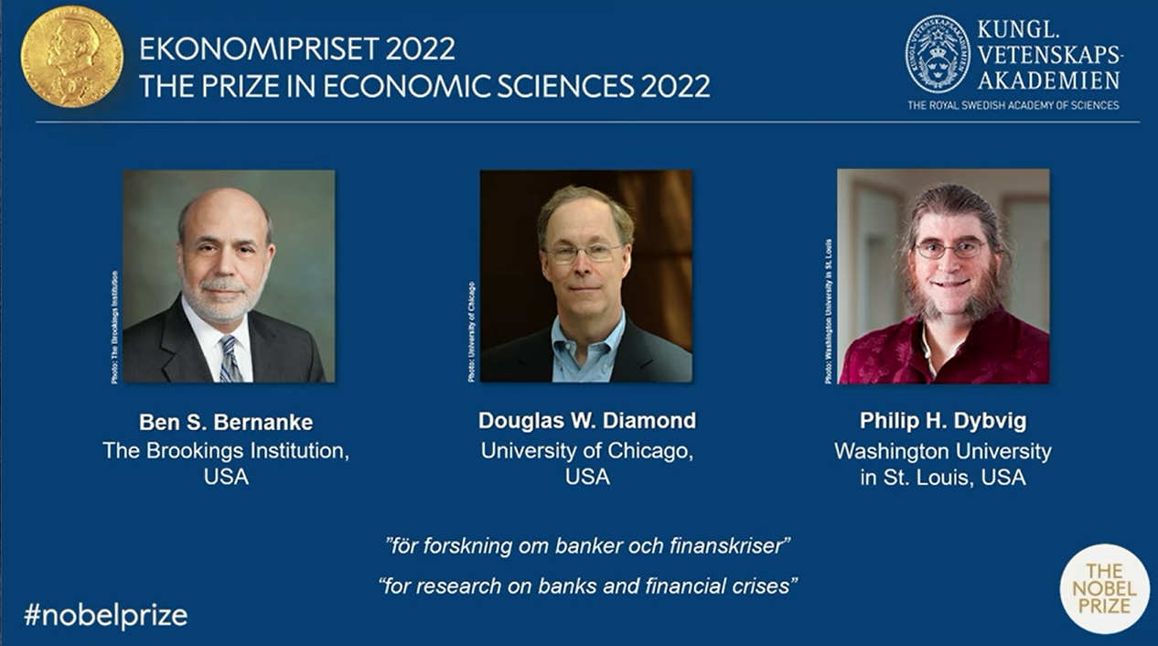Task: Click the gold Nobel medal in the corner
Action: coord(71,57)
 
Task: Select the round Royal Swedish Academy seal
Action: coord(937,54)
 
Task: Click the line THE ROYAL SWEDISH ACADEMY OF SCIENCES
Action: coord(1013,105)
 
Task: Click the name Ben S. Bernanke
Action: coord(225,422)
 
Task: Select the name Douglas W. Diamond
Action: coord(586,420)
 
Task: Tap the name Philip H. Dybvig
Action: coord(942,421)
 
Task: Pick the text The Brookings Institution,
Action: coord(225,450)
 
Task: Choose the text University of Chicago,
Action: coord(586,450)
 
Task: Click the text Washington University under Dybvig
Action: coord(942,451)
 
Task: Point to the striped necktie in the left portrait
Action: coord(230,359)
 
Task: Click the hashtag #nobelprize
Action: coord(105,615)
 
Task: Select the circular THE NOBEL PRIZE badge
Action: coord(1104,588)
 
